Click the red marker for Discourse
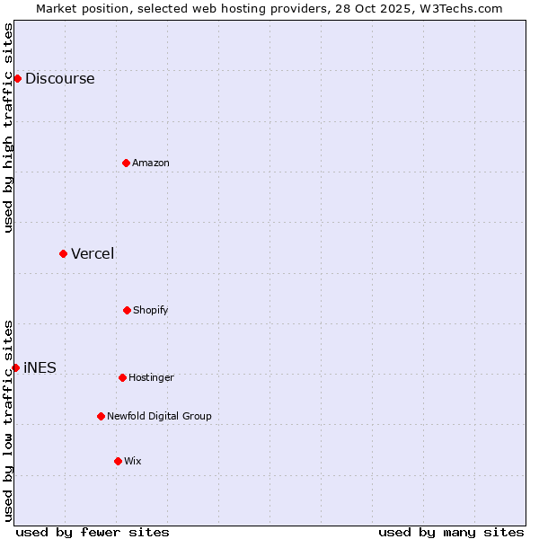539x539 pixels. click(x=17, y=78)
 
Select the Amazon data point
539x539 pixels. click(x=126, y=163)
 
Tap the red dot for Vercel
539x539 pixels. click(x=63, y=253)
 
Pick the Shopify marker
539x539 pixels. click(x=127, y=310)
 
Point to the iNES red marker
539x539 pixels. click(x=15, y=367)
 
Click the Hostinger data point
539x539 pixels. click(x=122, y=377)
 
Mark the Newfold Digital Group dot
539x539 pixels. click(x=101, y=416)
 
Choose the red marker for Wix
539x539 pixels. click(x=118, y=461)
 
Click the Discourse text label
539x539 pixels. click(x=59, y=78)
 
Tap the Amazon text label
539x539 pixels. click(x=151, y=163)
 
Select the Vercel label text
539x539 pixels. click(x=93, y=253)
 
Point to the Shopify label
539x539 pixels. click(x=151, y=310)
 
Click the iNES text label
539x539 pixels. click(x=40, y=367)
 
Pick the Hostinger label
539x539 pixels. click(x=151, y=377)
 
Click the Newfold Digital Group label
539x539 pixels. click(x=159, y=416)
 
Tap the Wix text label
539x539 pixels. click(x=133, y=461)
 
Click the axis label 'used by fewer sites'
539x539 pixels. click(x=93, y=532)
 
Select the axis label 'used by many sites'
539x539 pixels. click(x=451, y=532)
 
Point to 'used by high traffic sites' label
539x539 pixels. click(x=8, y=128)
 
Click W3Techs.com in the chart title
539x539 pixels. click(x=457, y=8)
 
